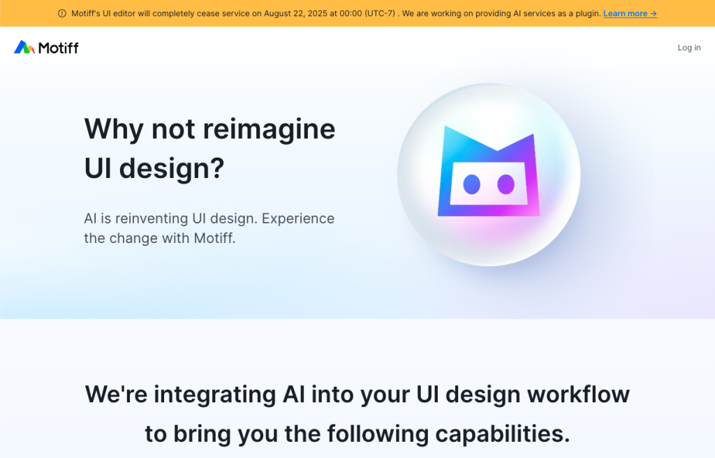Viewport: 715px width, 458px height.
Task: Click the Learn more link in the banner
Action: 631,14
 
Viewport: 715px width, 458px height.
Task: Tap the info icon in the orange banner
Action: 62,14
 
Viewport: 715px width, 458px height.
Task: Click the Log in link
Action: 689,47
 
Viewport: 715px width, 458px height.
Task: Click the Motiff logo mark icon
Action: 24,47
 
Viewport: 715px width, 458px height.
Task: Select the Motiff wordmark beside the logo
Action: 59,47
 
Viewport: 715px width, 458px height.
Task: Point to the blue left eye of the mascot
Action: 471,184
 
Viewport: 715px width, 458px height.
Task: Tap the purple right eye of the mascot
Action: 506,184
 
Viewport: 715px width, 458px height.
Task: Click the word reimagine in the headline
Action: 269,130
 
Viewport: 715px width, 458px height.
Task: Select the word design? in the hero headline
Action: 172,168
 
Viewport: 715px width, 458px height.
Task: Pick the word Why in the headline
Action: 114,130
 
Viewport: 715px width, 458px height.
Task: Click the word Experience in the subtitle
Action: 297,219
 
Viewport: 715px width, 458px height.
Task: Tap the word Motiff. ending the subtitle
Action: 215,238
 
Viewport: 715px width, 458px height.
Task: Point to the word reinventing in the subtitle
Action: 152,219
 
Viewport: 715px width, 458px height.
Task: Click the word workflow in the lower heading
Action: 578,394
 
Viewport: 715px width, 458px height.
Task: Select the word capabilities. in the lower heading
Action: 503,434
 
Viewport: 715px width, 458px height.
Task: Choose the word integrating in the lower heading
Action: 215,395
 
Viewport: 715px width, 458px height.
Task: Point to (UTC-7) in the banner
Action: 380,14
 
